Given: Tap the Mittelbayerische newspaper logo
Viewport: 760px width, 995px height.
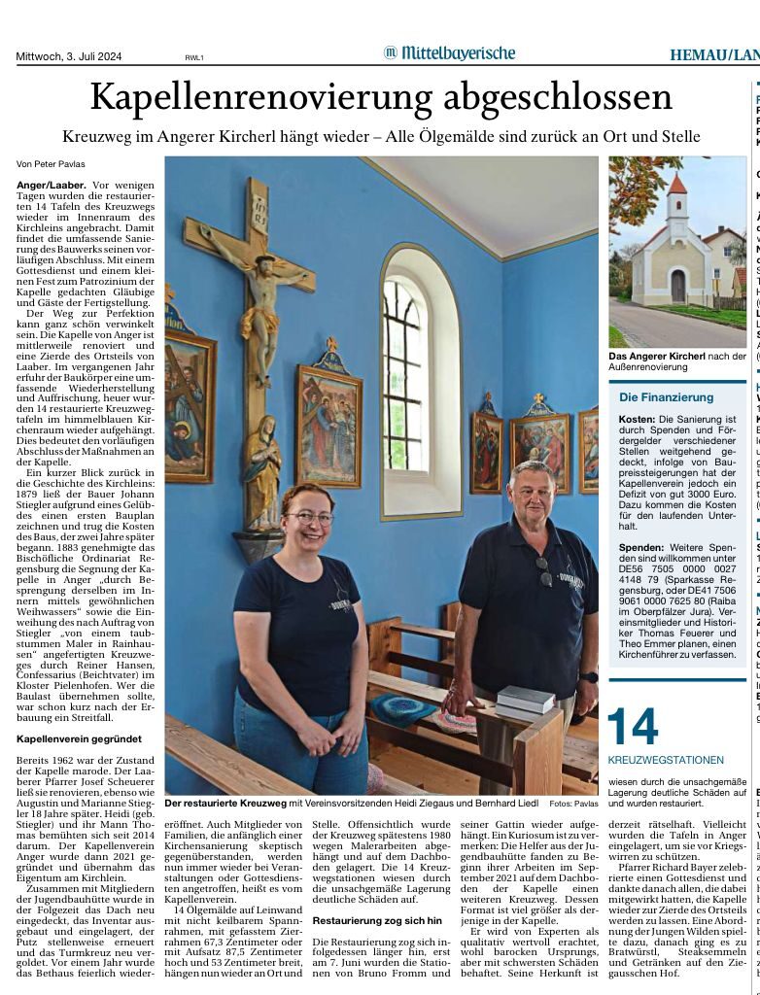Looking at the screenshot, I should click(449, 52).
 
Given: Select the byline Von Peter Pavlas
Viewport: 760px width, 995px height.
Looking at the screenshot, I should click(52, 164).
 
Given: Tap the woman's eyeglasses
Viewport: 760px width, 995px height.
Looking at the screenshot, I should click(309, 518).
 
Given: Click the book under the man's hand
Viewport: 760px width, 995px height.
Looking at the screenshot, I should click(524, 699).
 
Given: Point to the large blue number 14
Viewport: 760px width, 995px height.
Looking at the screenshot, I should click(634, 727).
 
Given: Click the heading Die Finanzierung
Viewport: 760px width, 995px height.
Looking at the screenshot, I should click(667, 397).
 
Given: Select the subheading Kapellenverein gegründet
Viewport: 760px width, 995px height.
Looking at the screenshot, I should click(79, 739).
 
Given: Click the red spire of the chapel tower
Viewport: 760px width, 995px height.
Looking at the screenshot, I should click(676, 184).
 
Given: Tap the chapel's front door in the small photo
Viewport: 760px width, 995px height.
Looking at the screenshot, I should click(677, 286).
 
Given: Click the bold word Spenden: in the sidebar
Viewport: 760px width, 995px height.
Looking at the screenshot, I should click(641, 548).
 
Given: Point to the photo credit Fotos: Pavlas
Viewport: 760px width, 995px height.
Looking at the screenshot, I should click(573, 805).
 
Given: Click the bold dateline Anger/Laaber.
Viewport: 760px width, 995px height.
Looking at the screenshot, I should click(52, 184).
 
